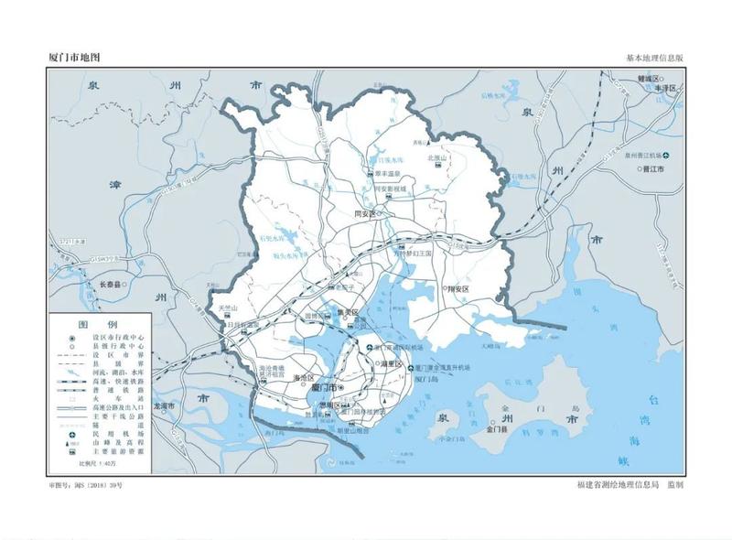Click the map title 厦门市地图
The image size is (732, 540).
[74, 57]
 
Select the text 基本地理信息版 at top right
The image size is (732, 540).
[654, 58]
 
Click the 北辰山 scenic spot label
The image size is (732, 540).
[436, 157]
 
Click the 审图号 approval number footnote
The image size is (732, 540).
[85, 482]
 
